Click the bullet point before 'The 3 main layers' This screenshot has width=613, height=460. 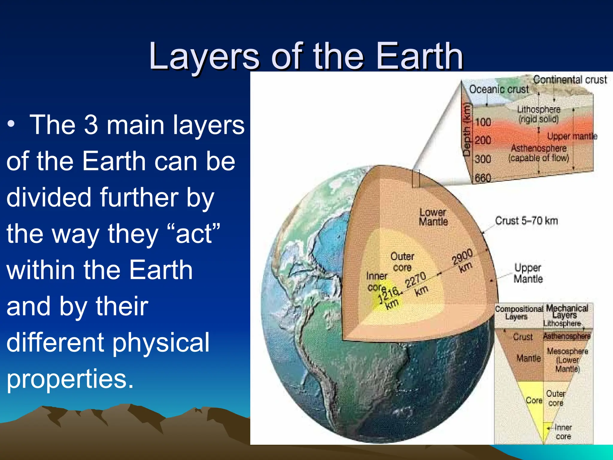pos(11,125)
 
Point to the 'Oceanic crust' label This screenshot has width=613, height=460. pos(499,89)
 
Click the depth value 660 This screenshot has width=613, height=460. pos(483,178)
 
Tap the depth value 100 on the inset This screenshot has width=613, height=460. pos(483,122)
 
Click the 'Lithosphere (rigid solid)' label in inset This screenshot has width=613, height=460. pos(538,114)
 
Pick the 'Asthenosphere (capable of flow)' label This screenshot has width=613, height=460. pos(538,153)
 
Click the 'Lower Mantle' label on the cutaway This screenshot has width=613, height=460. pos(433,217)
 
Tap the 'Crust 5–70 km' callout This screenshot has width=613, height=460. pos(526,221)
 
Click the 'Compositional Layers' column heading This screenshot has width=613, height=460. pos(518,313)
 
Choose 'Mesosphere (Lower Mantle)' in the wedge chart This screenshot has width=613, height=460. pos(567,360)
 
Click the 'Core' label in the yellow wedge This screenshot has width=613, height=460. pos(534,400)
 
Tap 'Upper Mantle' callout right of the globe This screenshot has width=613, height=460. pos(528,273)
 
